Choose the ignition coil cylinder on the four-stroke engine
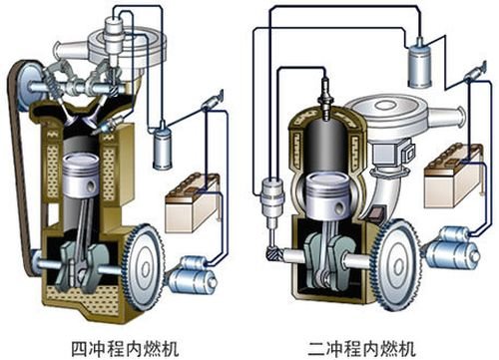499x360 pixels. [164, 150]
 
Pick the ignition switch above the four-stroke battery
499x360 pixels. [207, 101]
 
